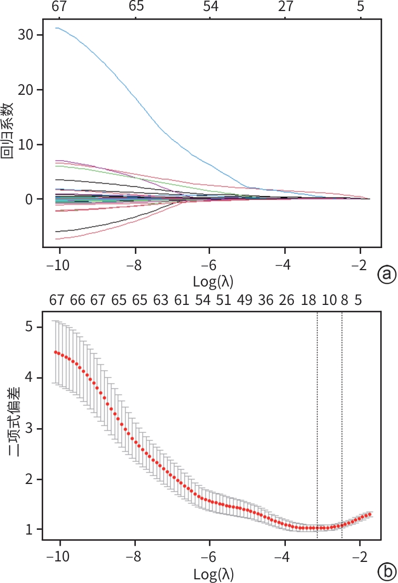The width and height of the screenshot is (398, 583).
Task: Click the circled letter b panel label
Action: pos(386,571)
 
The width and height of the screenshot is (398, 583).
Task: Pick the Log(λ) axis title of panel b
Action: pos(210,572)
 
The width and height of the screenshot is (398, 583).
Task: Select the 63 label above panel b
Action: pos(161,301)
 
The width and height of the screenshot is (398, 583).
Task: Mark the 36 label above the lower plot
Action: pos(266,301)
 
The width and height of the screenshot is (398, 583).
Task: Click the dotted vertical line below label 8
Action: pos(342,421)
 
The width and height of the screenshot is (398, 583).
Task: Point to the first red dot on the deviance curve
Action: pos(56,352)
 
